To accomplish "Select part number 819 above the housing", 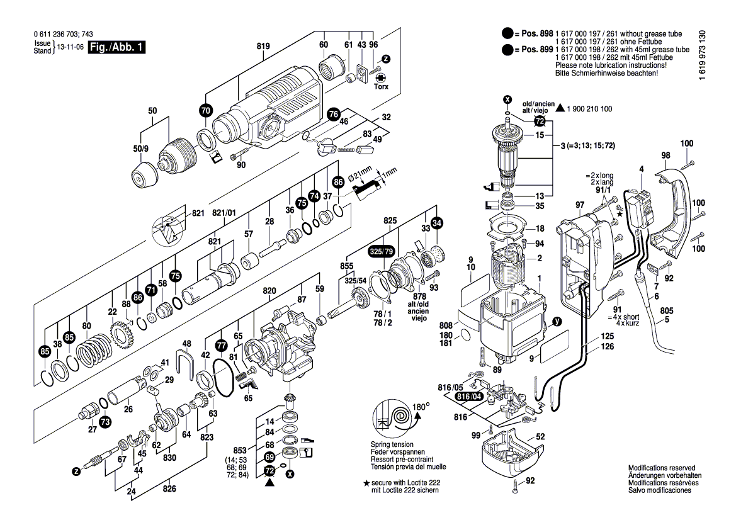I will coord(263,46).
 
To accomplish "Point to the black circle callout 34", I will coord(437,222).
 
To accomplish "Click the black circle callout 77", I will coord(220,346).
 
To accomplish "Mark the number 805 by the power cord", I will coord(667,310).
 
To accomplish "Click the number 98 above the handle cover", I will coord(665,155).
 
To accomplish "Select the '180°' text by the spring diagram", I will coord(421,406).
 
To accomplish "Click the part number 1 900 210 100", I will coord(589,110).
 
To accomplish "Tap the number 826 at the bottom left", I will coord(169,489).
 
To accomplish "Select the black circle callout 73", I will coord(105,422).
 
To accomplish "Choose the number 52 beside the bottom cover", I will coord(540,436).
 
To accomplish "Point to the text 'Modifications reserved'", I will coord(661,468).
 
